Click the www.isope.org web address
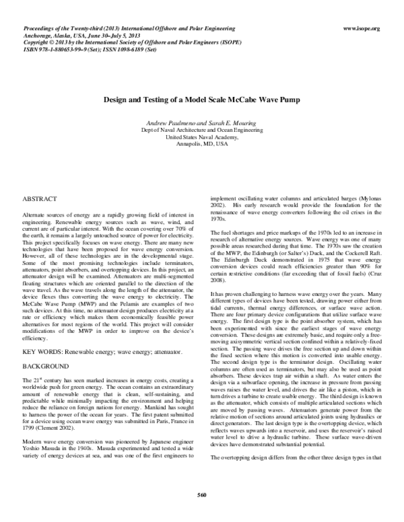coord(362,29)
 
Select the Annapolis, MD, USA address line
coord(202,144)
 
